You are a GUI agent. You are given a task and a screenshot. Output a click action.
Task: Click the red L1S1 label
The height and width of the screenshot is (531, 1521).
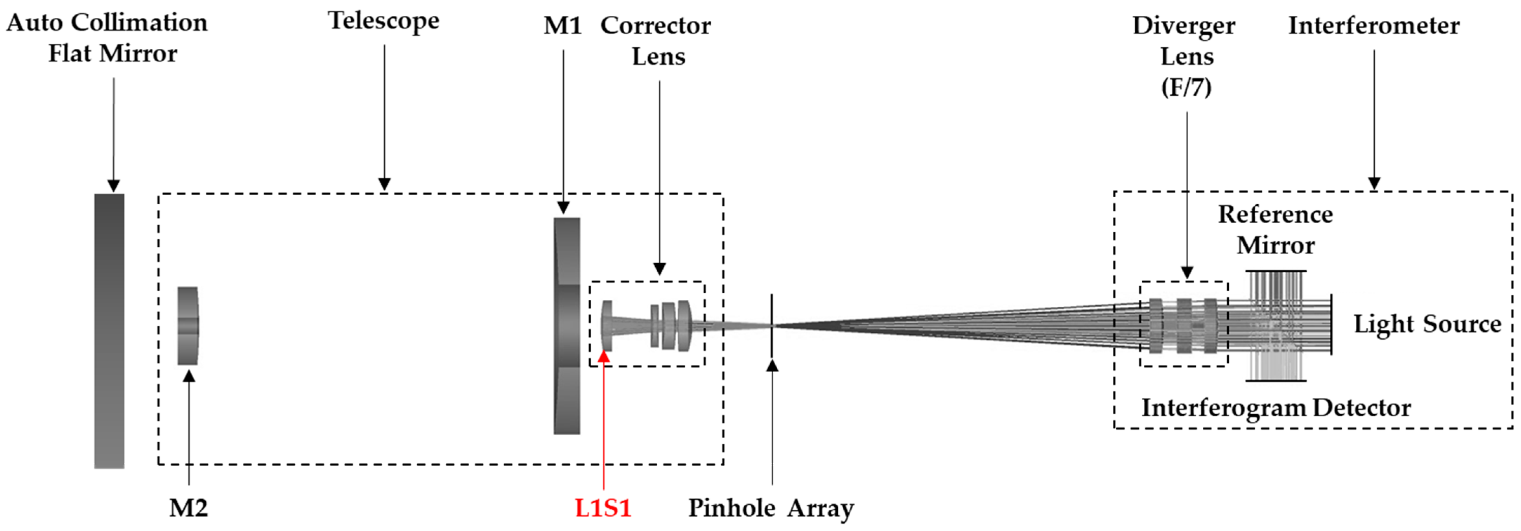[603, 508]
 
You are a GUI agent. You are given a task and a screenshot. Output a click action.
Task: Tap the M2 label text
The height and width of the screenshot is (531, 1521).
[188, 508]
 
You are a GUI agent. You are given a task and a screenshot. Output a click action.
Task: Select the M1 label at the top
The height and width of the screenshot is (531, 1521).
[562, 25]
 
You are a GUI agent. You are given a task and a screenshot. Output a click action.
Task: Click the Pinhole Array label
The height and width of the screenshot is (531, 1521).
[771, 508]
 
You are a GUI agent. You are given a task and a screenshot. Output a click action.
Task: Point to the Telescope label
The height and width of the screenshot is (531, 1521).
[384, 21]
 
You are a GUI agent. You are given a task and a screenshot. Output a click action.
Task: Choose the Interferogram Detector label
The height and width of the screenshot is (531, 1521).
[1275, 408]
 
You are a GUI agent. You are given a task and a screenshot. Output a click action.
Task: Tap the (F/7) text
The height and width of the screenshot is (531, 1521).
[1186, 87]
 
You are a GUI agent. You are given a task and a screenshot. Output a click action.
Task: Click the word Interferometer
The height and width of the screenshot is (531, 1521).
[1373, 25]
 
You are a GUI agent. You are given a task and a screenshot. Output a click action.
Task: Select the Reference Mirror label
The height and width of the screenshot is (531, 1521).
[1275, 230]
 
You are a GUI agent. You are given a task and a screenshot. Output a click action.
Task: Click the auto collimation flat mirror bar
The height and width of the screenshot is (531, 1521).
[109, 331]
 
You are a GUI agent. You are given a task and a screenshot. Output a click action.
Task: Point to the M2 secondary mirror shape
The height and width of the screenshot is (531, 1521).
[188, 326]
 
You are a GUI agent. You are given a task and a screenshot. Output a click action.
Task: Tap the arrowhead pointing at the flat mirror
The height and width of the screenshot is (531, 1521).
[113, 186]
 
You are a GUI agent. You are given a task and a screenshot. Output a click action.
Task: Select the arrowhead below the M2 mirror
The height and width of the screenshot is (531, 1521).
[189, 375]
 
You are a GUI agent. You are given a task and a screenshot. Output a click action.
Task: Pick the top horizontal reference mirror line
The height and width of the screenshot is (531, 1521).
[1275, 271]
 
